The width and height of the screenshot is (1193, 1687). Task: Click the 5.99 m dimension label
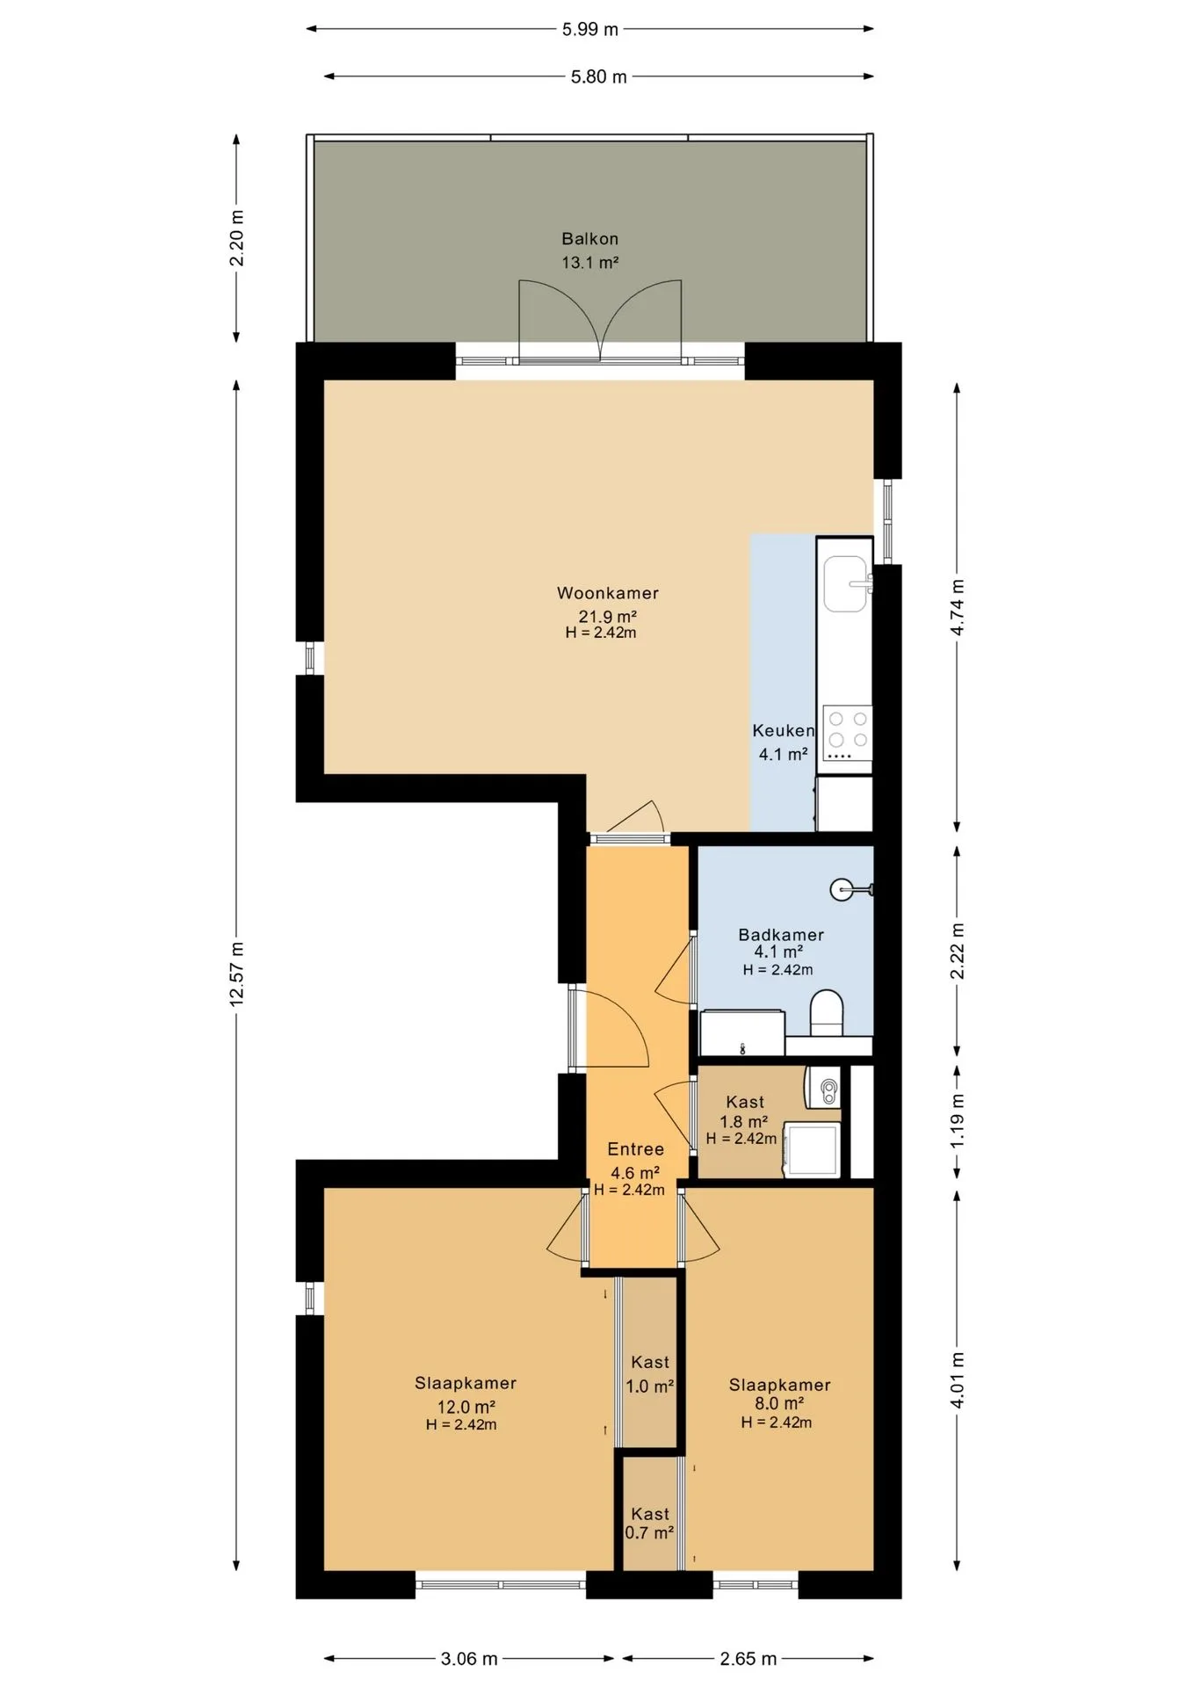[590, 29]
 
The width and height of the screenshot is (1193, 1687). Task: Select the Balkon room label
[590, 238]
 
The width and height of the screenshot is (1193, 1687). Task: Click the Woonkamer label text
[608, 593]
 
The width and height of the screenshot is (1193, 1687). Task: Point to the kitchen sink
[845, 583]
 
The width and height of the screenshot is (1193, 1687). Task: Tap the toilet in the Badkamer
[826, 1012]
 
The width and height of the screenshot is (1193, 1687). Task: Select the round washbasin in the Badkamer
[842, 889]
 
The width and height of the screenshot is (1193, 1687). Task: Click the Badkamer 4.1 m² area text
[778, 952]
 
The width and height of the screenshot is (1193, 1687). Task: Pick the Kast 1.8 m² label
[744, 1111]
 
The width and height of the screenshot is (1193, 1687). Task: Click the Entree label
[636, 1149]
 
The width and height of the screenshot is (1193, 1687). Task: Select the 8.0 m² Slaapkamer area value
[779, 1404]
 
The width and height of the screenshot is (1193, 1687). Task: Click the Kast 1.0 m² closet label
[650, 1374]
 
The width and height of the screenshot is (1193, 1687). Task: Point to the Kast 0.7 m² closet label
[650, 1523]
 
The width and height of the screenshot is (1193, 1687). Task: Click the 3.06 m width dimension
[469, 1659]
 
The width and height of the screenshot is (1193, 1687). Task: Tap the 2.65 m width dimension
[748, 1659]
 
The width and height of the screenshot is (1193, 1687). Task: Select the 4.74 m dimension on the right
[958, 607]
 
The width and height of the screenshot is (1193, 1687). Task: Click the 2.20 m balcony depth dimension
[236, 237]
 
